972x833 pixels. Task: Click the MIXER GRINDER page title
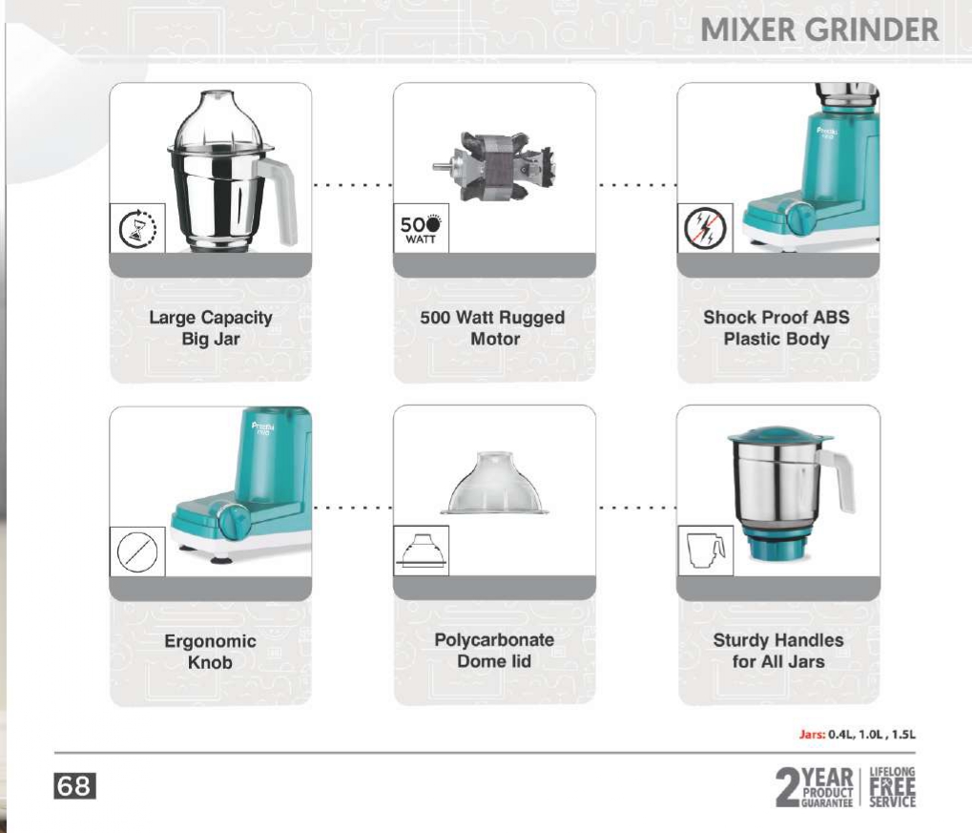[x=818, y=30]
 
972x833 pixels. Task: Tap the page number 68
[x=74, y=786]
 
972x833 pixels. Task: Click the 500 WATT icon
[x=421, y=228]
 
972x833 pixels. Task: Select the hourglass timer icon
[x=137, y=228]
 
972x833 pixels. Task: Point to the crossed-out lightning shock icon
[x=705, y=228]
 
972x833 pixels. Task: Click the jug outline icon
[x=706, y=551]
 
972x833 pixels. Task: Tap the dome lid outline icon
[x=422, y=551]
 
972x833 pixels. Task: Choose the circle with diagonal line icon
[x=137, y=551]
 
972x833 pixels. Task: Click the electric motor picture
[x=493, y=166]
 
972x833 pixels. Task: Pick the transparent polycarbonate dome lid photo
[x=494, y=483]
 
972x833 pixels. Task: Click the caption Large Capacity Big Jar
[x=211, y=328]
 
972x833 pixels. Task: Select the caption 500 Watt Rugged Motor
[x=493, y=328]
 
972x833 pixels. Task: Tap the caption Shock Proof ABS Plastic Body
[x=776, y=328]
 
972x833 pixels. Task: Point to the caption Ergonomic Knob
[x=210, y=652]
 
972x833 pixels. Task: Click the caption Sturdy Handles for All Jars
[x=778, y=651]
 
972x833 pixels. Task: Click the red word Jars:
[x=812, y=735]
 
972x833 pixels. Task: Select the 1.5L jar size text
[x=904, y=735]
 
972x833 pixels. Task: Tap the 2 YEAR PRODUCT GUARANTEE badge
[x=815, y=786]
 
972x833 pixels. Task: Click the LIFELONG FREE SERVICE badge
[x=892, y=786]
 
